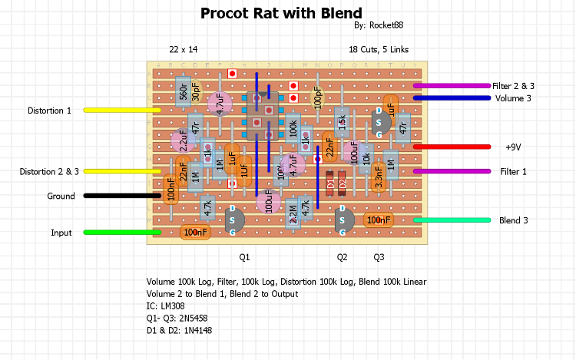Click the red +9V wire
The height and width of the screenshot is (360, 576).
click(x=452, y=147)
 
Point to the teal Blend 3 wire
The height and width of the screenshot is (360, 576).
click(x=452, y=220)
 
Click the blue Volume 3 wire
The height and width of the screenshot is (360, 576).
click(x=452, y=97)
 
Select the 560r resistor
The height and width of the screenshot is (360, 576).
click(x=183, y=92)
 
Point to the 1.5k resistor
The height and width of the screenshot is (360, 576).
click(x=342, y=122)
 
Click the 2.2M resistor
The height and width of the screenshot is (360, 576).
click(x=293, y=214)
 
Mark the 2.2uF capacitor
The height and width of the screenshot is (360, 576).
click(x=183, y=141)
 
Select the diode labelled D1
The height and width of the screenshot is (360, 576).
click(x=330, y=184)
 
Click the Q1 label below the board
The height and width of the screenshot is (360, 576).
click(x=244, y=256)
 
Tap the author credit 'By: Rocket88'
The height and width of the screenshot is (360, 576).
click(x=379, y=25)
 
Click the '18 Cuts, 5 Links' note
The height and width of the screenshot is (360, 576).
click(x=379, y=49)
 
